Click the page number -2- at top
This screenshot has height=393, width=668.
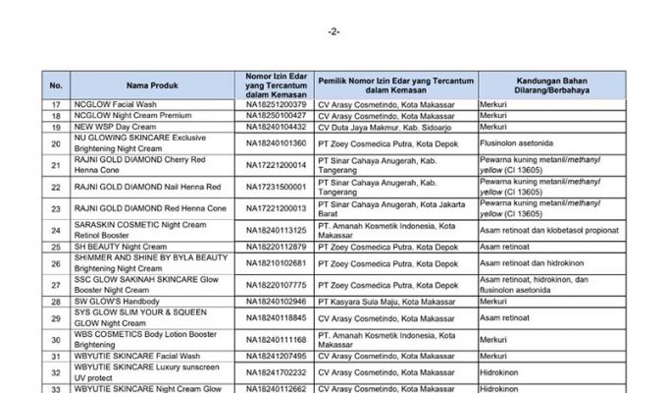coord(334,30)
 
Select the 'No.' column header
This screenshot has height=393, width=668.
coord(56,85)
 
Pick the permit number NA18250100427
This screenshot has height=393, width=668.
coord(276,116)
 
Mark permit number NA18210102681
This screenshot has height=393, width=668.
coord(276,262)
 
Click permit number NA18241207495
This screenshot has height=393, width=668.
coord(276,357)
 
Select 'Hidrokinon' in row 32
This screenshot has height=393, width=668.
coord(499,372)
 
